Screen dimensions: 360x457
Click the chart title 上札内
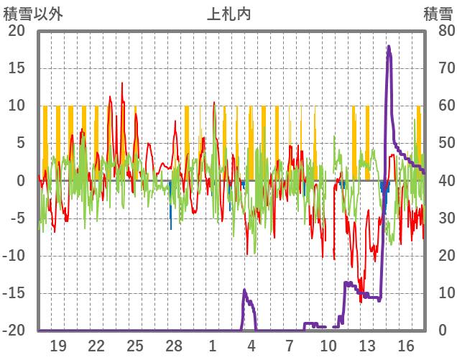[228, 14]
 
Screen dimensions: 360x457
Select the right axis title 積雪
[438, 14]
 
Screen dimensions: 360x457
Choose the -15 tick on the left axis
[15, 293]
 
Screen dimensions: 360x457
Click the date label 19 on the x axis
[57, 346]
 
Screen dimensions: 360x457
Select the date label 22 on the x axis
[96, 346]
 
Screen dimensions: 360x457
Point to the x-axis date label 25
[135, 346]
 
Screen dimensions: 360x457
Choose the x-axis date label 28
[174, 346]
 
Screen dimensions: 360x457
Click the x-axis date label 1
[213, 346]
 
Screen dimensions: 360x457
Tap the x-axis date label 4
[251, 346]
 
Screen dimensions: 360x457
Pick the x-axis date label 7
[290, 346]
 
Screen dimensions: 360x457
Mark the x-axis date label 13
[367, 346]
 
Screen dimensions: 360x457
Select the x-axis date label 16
[406, 346]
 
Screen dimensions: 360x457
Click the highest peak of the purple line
[389, 47]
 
